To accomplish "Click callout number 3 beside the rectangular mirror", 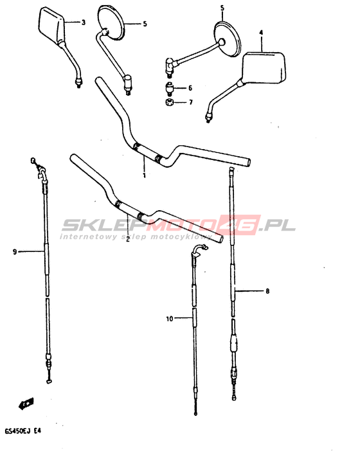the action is pyautogui.click(x=84, y=22).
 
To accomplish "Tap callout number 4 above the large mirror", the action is pyautogui.click(x=261, y=33).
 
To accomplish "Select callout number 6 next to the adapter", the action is pyautogui.click(x=190, y=88).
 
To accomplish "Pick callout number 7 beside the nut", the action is pyautogui.click(x=191, y=102).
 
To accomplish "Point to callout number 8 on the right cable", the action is pyautogui.click(x=267, y=290).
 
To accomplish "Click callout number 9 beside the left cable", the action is pyautogui.click(x=15, y=252).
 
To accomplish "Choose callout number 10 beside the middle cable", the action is pyautogui.click(x=170, y=319).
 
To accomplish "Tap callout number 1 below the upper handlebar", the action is pyautogui.click(x=144, y=175).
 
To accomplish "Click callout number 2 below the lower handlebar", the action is pyautogui.click(x=127, y=240).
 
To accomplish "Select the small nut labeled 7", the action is pyautogui.click(x=169, y=102).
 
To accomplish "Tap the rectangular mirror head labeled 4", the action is pyautogui.click(x=264, y=67).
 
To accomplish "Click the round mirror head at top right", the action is pyautogui.click(x=228, y=39).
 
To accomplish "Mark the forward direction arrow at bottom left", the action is pyautogui.click(x=26, y=404).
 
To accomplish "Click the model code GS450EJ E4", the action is pyautogui.click(x=23, y=431).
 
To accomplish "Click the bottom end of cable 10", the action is pyautogui.click(x=196, y=413).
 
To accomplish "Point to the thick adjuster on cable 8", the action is pyautogui.click(x=234, y=343).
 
